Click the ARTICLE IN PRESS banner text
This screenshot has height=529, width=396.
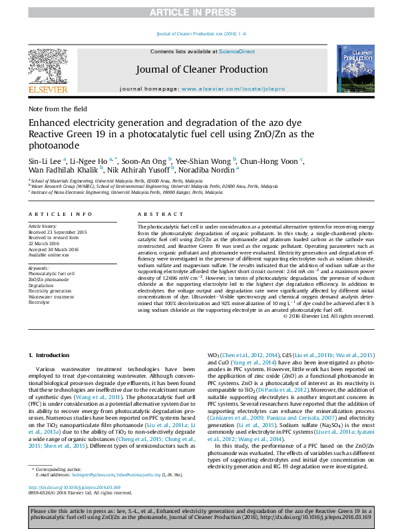point(198,12)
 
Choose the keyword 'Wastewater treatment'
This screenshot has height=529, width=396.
point(51,296)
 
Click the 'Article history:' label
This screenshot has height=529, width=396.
point(42,227)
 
